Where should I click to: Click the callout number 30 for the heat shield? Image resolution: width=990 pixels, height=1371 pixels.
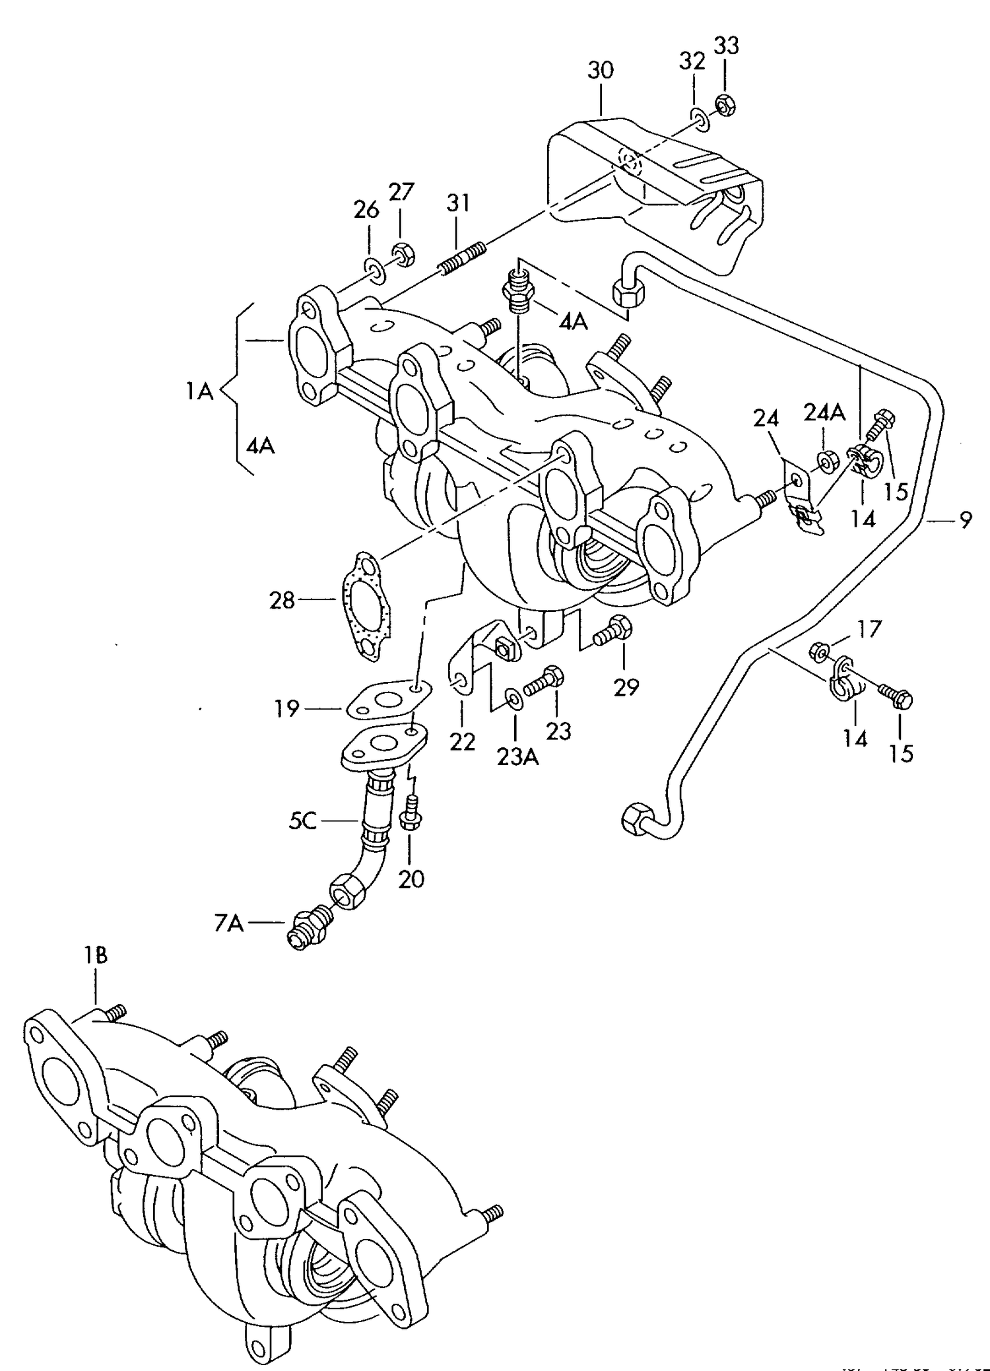tap(601, 71)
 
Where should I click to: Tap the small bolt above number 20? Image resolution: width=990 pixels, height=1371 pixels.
tap(410, 813)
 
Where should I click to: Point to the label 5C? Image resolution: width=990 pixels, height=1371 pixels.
tap(303, 822)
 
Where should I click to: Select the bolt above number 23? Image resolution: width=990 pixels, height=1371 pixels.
tap(544, 682)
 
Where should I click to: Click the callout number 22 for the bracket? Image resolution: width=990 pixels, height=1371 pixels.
tap(462, 742)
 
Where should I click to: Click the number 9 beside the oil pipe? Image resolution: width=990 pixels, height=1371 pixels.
tap(966, 521)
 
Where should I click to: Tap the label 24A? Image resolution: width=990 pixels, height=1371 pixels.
tap(824, 413)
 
